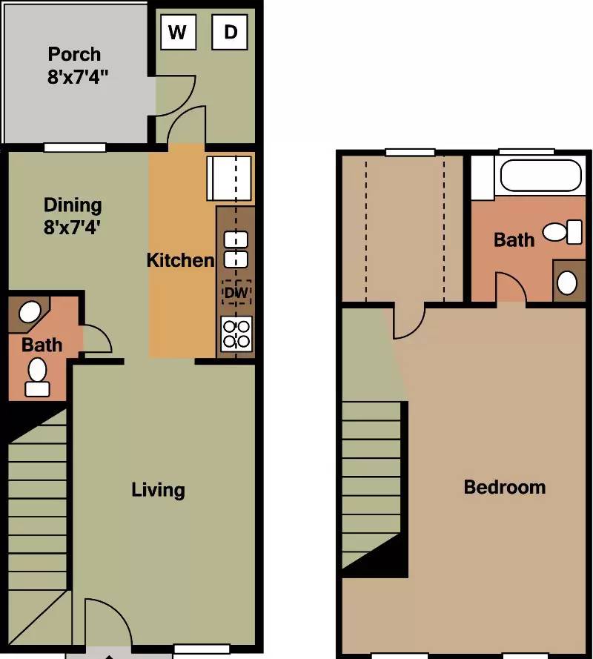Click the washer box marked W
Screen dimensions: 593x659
178,33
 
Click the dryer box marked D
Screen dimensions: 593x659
230,33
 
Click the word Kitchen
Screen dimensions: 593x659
180,260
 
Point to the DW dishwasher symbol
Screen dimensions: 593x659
236,292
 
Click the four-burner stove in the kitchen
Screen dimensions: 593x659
236,334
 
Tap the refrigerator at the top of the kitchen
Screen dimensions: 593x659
229,178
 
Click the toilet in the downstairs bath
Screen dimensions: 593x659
37,377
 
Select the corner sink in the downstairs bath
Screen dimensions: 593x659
30,312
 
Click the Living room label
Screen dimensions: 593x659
158,490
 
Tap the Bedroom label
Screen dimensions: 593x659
505,487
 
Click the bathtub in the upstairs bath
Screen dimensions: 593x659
541,175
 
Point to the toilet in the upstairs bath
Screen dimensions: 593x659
563,232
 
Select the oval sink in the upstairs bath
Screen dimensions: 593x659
567,282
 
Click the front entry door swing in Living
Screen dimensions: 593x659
109,623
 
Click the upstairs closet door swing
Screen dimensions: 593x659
408,322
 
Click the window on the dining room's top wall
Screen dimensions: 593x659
75,148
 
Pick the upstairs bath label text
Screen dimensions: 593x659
514,240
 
